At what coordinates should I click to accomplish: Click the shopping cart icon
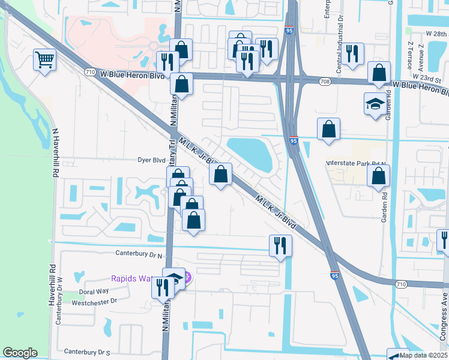click(44, 59)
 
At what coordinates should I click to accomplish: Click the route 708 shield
click(324, 82)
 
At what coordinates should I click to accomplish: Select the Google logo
click(20, 353)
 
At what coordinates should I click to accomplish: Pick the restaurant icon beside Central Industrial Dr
click(354, 54)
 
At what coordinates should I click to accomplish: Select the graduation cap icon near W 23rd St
click(375, 103)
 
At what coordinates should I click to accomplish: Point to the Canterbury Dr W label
click(59, 300)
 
